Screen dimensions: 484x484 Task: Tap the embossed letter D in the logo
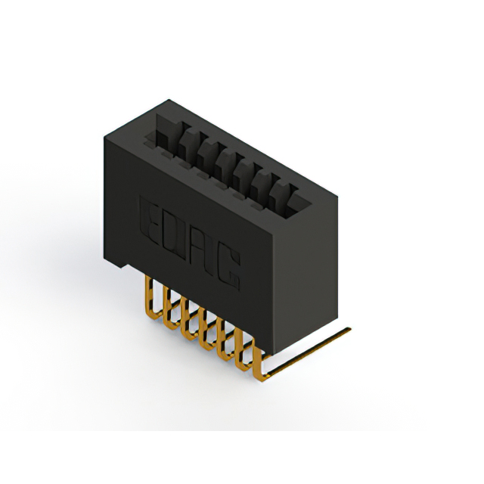[173, 235]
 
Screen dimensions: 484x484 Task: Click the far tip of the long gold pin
[349, 329]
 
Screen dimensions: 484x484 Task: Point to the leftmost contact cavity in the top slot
[166, 132]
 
